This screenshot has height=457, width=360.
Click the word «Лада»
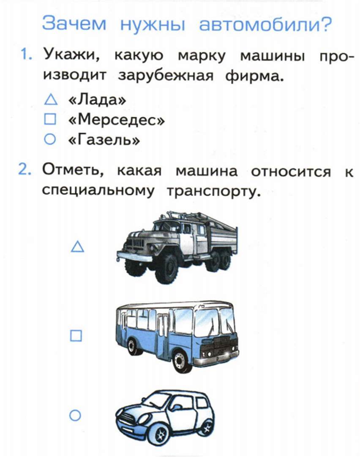coord(97,100)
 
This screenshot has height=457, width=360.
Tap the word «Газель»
coord(104,140)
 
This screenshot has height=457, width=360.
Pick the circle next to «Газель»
coord(50,140)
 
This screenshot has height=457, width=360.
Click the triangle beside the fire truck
coord(77,247)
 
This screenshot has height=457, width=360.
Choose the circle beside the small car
coord(75,416)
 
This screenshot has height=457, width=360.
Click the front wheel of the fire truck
coord(166,269)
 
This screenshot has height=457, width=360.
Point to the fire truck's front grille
coord(134,244)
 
